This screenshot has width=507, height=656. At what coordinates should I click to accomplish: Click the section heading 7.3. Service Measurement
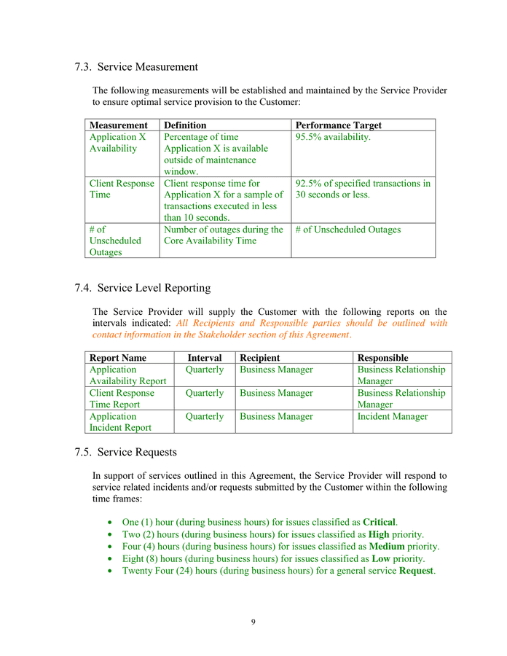coord(136,67)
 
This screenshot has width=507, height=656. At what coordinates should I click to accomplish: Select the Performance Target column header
coord(338,125)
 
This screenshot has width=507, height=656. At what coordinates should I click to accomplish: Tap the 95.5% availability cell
coord(333,137)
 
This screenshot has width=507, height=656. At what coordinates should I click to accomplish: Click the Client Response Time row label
coord(122,189)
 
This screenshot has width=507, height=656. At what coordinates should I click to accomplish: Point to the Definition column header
coord(185,125)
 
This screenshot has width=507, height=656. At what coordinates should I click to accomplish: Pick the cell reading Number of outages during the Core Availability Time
coord(224,235)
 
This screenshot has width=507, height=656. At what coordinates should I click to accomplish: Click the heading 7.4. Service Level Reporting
coord(142,288)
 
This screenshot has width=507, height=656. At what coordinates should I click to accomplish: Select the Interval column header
coord(205,358)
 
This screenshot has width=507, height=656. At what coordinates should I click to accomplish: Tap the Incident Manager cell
coord(393,416)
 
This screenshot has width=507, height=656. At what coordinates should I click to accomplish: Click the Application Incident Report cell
coord(120,422)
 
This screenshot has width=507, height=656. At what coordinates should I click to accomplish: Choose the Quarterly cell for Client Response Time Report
coord(205,393)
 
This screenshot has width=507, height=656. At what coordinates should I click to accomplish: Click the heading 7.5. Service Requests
coord(125,452)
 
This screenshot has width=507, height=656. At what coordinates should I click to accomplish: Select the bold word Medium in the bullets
coord(387,546)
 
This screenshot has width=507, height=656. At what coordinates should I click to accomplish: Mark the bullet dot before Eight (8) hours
coord(109,558)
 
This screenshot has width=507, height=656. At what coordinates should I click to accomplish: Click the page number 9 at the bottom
coord(253,622)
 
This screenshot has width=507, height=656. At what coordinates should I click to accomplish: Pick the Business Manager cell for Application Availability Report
coord(276,370)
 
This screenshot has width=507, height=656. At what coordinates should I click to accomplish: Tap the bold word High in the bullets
coord(378,534)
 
